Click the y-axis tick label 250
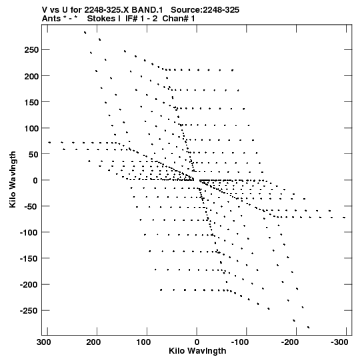pyautogui.click(x=31, y=50)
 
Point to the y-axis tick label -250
pyautogui.click(x=29, y=311)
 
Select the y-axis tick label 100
pyautogui.click(x=31, y=128)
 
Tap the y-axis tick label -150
pyautogui.click(x=29, y=258)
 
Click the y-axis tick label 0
pyautogui.click(x=35, y=180)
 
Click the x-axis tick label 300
pyautogui.click(x=44, y=342)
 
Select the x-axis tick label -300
pyautogui.click(x=339, y=342)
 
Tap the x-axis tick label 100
pyautogui.click(x=143, y=342)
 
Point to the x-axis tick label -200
pyautogui.click(x=289, y=342)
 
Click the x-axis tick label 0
pyautogui.click(x=197, y=342)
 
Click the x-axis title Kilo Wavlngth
pyautogui.click(x=197, y=351)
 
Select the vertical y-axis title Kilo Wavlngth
pyautogui.click(x=13, y=179)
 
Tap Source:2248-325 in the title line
pyautogui.click(x=205, y=10)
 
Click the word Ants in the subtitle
pyautogui.click(x=51, y=19)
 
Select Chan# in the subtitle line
pyautogui.click(x=175, y=19)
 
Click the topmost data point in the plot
pyautogui.click(x=85, y=33)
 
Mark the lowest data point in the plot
pyautogui.click(x=309, y=327)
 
